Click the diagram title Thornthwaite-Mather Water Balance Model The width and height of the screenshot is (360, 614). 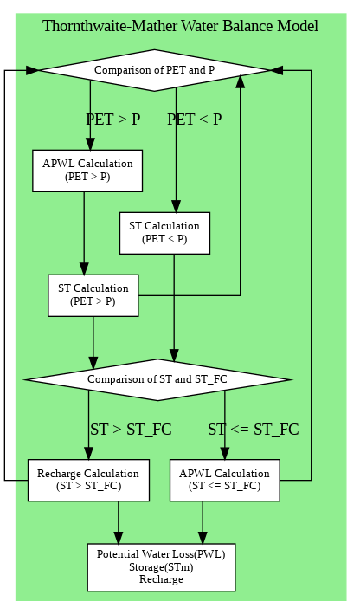coord(180,26)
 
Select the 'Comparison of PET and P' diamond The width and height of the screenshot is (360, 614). coord(155,70)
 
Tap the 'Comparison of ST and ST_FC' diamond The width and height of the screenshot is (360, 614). coord(157,379)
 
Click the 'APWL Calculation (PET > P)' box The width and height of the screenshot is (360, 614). coord(87,171)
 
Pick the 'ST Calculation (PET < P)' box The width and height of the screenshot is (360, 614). coord(164,233)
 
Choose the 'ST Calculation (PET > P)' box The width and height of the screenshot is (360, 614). coord(93,295)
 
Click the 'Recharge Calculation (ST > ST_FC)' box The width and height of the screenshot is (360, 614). coord(88,480)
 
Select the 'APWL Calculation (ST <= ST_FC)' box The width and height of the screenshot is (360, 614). coord(225,480)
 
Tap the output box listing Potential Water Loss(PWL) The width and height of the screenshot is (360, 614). coord(161,567)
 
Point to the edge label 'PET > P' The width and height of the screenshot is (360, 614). coord(113,120)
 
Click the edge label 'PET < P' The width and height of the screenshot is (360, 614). coord(195,120)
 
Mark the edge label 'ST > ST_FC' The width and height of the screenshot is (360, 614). coord(131,430)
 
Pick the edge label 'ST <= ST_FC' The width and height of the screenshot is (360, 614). coord(254,430)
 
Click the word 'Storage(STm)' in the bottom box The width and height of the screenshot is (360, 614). coord(161,567)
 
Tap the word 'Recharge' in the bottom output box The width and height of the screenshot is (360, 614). coord(161,579)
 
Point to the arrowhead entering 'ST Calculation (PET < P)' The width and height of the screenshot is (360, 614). coord(176,206)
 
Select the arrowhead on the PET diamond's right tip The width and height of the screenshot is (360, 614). coord(277,70)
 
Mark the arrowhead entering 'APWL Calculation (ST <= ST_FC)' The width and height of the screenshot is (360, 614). coord(225,453)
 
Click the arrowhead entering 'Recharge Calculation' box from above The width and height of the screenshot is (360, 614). coord(89,453)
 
